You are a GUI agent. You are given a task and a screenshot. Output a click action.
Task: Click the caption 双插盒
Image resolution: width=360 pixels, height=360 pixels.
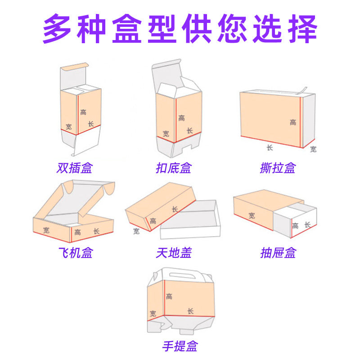(75, 168)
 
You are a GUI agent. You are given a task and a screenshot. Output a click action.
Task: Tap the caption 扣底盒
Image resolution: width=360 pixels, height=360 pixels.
(173, 168)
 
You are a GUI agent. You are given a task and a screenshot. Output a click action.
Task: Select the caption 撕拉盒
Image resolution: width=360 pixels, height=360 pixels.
(278, 168)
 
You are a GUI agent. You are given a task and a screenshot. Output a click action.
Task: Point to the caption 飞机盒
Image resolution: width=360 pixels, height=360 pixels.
(75, 253)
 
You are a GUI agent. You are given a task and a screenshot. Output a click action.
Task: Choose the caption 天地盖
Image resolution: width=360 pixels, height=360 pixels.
(174, 253)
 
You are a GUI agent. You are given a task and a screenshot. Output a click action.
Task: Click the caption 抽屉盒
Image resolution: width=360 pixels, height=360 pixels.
(278, 253)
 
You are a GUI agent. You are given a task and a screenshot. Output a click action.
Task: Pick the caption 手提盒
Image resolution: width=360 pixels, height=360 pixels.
(180, 346)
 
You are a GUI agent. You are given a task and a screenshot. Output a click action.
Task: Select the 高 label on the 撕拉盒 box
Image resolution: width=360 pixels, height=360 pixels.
(293, 122)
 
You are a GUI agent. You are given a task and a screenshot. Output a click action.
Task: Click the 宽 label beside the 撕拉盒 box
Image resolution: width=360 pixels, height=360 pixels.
(313, 149)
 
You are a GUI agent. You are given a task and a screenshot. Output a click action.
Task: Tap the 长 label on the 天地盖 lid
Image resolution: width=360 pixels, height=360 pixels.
(175, 209)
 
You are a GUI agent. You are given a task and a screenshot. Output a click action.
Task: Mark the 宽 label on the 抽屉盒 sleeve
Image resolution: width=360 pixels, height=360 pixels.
(252, 216)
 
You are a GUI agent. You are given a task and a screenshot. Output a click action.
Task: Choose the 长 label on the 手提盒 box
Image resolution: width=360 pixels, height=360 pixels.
(190, 311)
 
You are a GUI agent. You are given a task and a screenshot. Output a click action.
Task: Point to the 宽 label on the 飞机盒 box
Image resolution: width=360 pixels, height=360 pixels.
(46, 230)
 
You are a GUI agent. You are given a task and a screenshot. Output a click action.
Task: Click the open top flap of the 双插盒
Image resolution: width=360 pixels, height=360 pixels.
(72, 69)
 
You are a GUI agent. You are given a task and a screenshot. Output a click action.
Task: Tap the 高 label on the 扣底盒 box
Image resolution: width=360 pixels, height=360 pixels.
(181, 118)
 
